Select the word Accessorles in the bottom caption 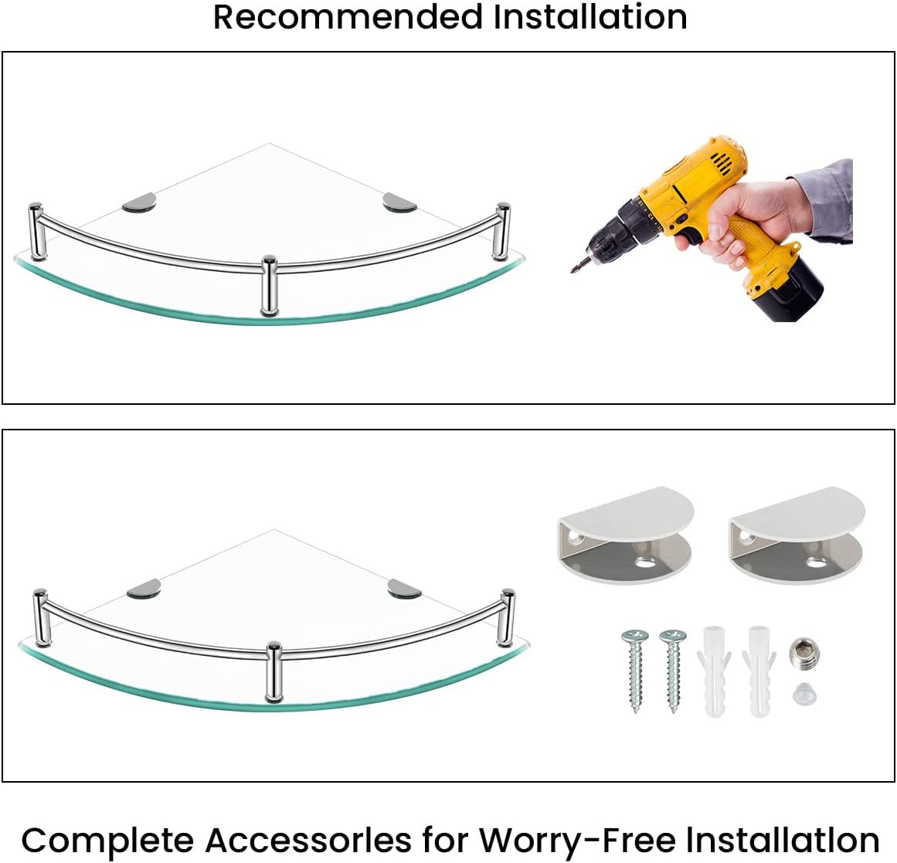click(308, 840)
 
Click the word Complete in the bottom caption click(107, 840)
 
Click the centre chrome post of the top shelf click(269, 286)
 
